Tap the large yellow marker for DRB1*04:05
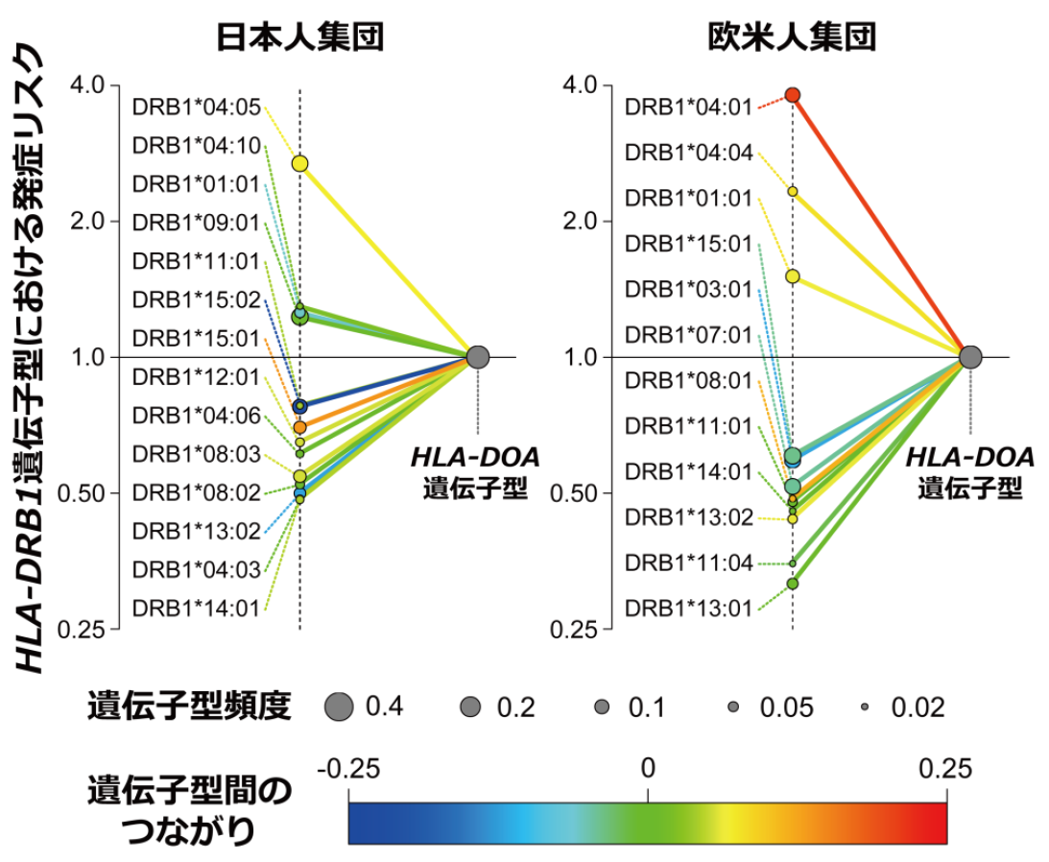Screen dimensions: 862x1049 pyautogui.click(x=300, y=164)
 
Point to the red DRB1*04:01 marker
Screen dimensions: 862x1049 pyautogui.click(x=793, y=94)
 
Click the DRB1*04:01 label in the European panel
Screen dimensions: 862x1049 pyautogui.click(x=688, y=108)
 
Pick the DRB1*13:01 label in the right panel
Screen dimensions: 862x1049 pyautogui.click(x=688, y=608)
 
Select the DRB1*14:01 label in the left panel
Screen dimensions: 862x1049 pyautogui.click(x=197, y=608)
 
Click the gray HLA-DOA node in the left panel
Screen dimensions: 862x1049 pyautogui.click(x=478, y=357)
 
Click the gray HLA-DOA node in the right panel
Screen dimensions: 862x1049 pyautogui.click(x=970, y=357)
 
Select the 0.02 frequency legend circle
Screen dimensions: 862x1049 pyautogui.click(x=865, y=708)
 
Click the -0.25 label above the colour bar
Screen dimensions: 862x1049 pyautogui.click(x=349, y=768)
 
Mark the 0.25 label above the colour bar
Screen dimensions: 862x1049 pyautogui.click(x=946, y=768)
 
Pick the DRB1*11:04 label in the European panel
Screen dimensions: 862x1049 pyautogui.click(x=688, y=563)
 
